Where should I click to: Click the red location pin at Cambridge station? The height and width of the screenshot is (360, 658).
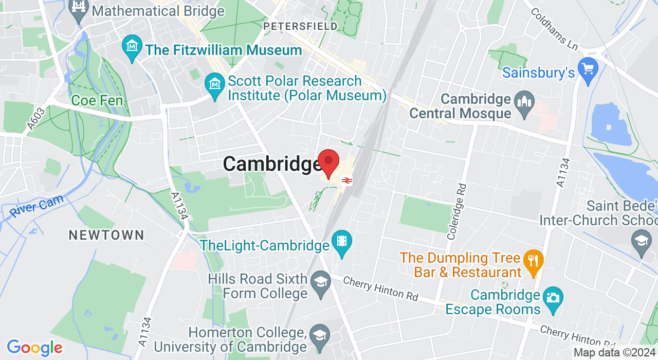pos(328,162)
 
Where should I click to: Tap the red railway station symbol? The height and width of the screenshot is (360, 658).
pos(346,180)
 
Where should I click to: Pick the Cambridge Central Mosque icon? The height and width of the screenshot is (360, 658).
pos(524,100)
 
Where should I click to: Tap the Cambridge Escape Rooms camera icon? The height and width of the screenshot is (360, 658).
pos(553,298)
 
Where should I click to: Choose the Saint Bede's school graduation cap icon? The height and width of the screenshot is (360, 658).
pos(642,241)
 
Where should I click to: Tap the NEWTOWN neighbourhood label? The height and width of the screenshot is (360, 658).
pos(106,236)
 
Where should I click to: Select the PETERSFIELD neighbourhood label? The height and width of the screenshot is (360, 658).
pos(300,26)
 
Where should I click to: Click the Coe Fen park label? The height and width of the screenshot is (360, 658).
pos(98,100)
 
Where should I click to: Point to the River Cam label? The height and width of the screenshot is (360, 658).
pos(36,206)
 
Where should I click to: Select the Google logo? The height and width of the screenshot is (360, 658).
pos(34,348)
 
